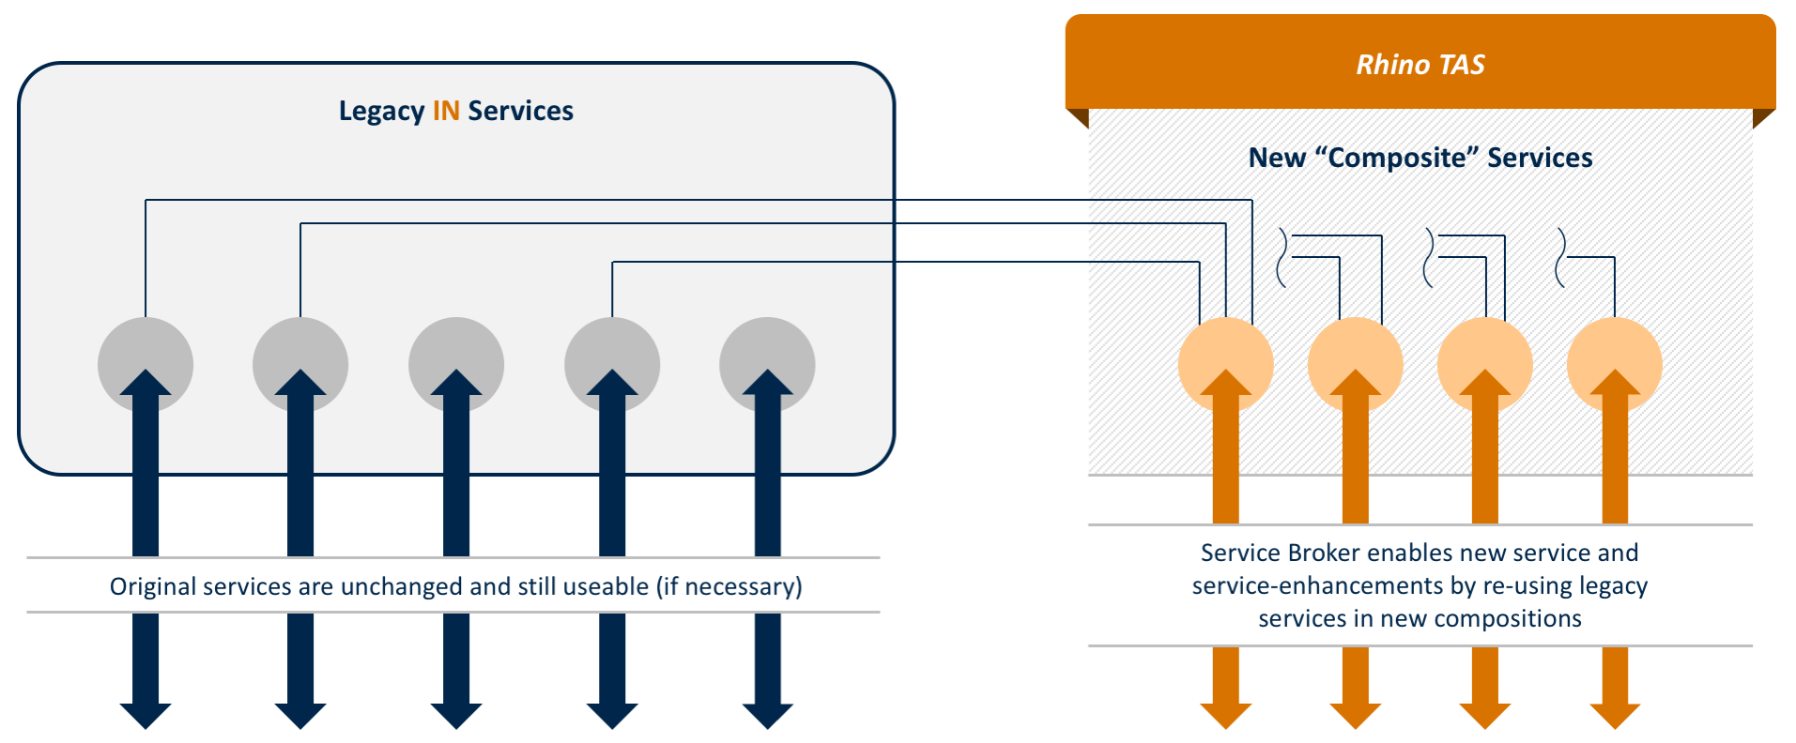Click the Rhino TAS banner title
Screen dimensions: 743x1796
(x=1420, y=65)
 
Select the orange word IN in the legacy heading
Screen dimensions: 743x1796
(x=446, y=112)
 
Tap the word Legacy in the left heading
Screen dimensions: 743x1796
(x=381, y=112)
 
